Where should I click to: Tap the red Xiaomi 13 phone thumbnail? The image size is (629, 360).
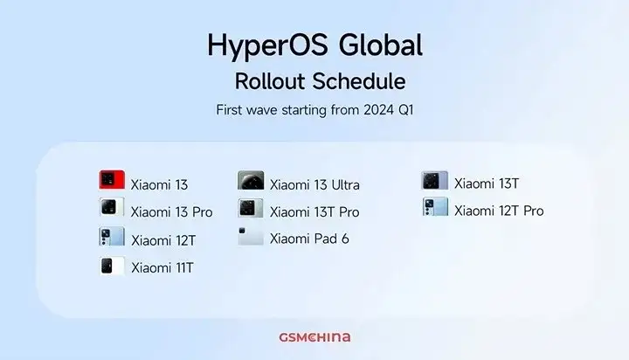(112, 181)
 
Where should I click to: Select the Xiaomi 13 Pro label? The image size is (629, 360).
(171, 211)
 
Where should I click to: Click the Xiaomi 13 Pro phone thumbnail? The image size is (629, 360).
(112, 208)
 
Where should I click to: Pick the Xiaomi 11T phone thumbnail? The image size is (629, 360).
(112, 266)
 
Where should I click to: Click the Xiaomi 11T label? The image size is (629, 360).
(162, 267)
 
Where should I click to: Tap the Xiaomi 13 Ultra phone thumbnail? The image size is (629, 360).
(251, 181)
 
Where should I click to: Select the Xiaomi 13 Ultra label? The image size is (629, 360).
(314, 184)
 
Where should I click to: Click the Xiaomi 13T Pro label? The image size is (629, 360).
(314, 211)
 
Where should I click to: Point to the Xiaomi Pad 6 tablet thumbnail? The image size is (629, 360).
(251, 236)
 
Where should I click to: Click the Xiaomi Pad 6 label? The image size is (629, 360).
(309, 239)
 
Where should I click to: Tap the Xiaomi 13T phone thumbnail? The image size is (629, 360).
(435, 180)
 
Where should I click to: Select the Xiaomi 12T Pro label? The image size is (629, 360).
(499, 211)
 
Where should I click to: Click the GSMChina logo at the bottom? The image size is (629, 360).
(314, 336)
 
